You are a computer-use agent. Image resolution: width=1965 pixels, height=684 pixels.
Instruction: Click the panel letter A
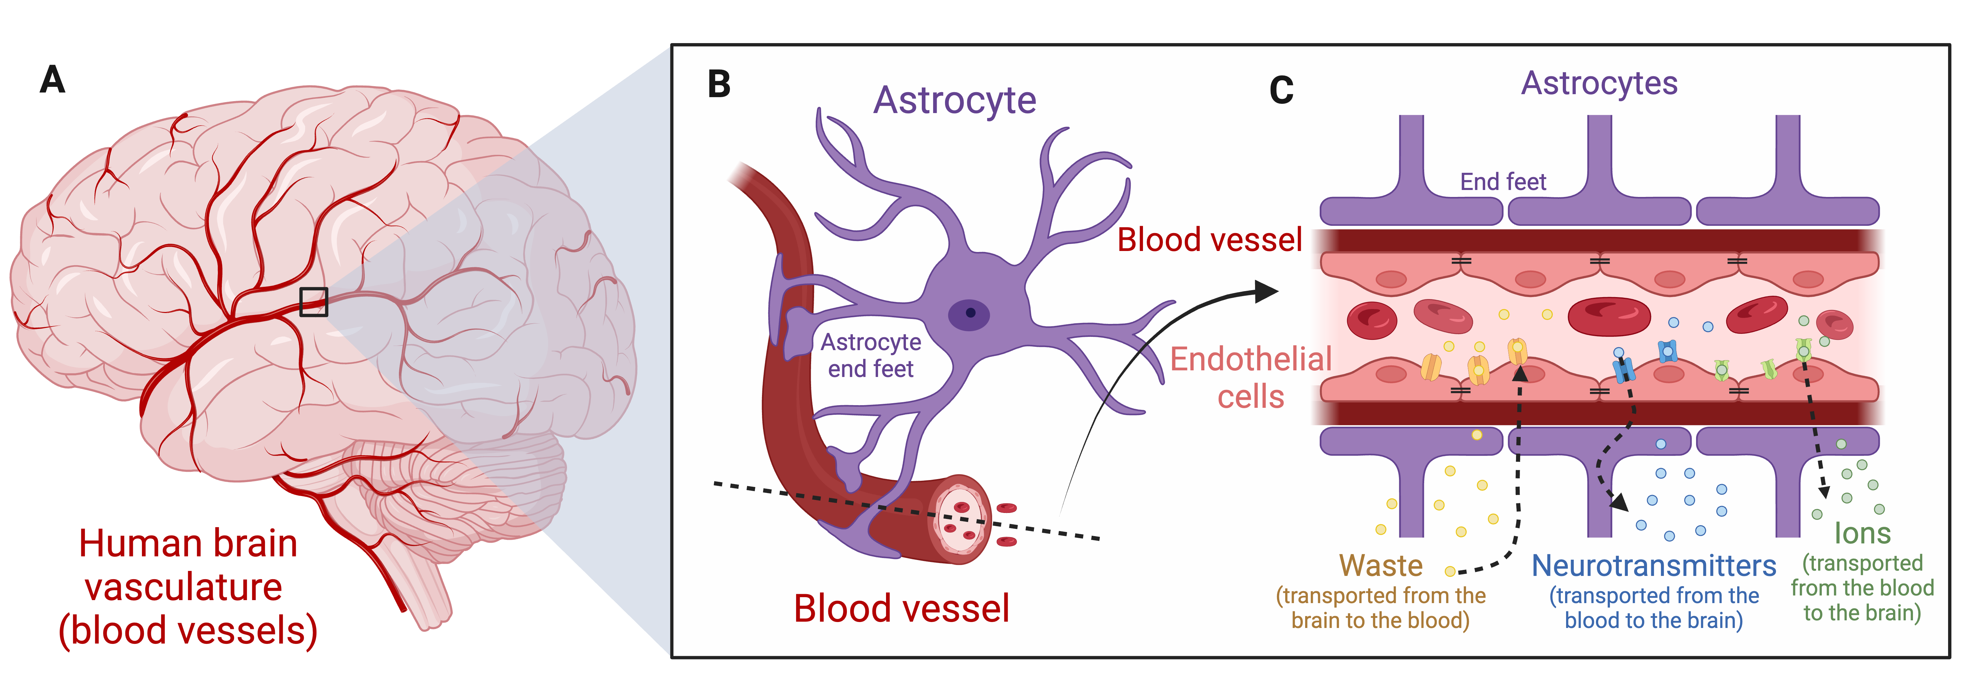point(52,79)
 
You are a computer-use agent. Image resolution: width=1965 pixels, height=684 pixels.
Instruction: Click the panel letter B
point(719,84)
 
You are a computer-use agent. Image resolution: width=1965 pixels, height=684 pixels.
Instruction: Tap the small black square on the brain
point(313,302)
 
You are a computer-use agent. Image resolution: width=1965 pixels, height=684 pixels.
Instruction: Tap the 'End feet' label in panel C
point(1503,181)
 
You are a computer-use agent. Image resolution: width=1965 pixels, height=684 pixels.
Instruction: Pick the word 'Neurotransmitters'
point(1654,566)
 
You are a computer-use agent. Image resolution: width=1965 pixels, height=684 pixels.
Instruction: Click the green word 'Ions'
point(1862,533)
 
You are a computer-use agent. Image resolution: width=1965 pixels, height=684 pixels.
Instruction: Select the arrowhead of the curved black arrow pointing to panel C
point(1266,291)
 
